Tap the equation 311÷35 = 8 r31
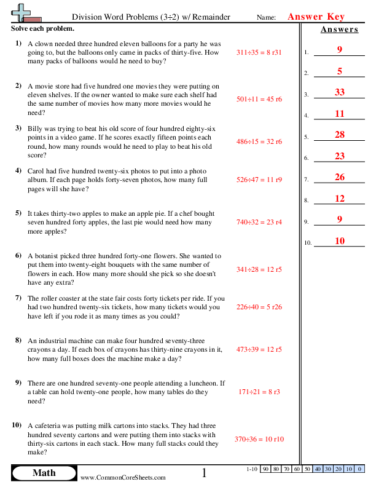click(259, 53)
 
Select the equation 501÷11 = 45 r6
click(259, 98)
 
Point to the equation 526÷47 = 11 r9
click(259, 181)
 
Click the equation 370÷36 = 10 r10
click(259, 439)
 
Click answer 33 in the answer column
click(339, 92)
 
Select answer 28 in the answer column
click(339, 135)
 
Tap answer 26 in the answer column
click(339, 178)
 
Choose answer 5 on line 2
click(339, 71)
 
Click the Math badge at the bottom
click(43, 472)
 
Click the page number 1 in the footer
click(205, 473)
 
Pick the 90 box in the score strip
click(266, 469)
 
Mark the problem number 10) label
click(17, 425)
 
